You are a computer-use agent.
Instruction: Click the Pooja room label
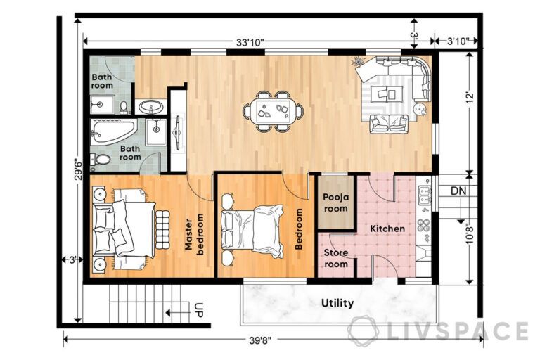pos(335,203)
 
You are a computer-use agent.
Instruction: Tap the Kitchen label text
pos(387,229)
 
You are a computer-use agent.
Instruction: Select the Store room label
pos(335,259)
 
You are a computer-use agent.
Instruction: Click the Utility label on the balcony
pos(337,303)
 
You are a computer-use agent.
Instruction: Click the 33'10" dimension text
pos(250,42)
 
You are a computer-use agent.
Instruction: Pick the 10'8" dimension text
pos(469,229)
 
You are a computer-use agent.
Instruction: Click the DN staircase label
pos(458,191)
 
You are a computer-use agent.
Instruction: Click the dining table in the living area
pos(273,111)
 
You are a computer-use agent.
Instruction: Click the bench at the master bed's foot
pos(163,229)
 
